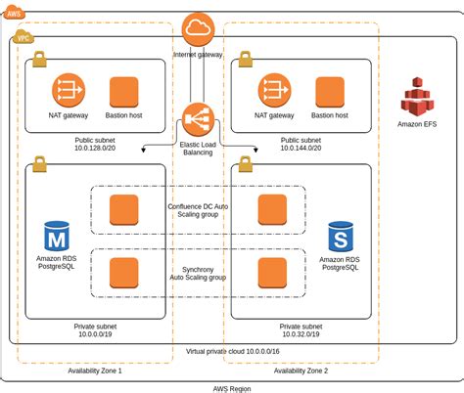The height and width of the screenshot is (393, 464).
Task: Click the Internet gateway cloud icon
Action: coord(198,28)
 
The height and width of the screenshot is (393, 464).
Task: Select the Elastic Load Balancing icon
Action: coord(198,121)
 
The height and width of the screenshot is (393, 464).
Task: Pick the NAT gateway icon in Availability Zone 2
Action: coord(275,92)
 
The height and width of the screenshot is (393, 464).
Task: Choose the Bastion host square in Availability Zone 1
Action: coord(124,92)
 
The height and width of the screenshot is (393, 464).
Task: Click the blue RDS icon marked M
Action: coord(57,237)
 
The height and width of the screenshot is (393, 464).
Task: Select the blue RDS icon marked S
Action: coord(341,237)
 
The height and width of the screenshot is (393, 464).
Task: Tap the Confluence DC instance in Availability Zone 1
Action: coord(124,210)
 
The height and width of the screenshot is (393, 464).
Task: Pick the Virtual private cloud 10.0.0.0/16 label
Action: coord(233,350)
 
